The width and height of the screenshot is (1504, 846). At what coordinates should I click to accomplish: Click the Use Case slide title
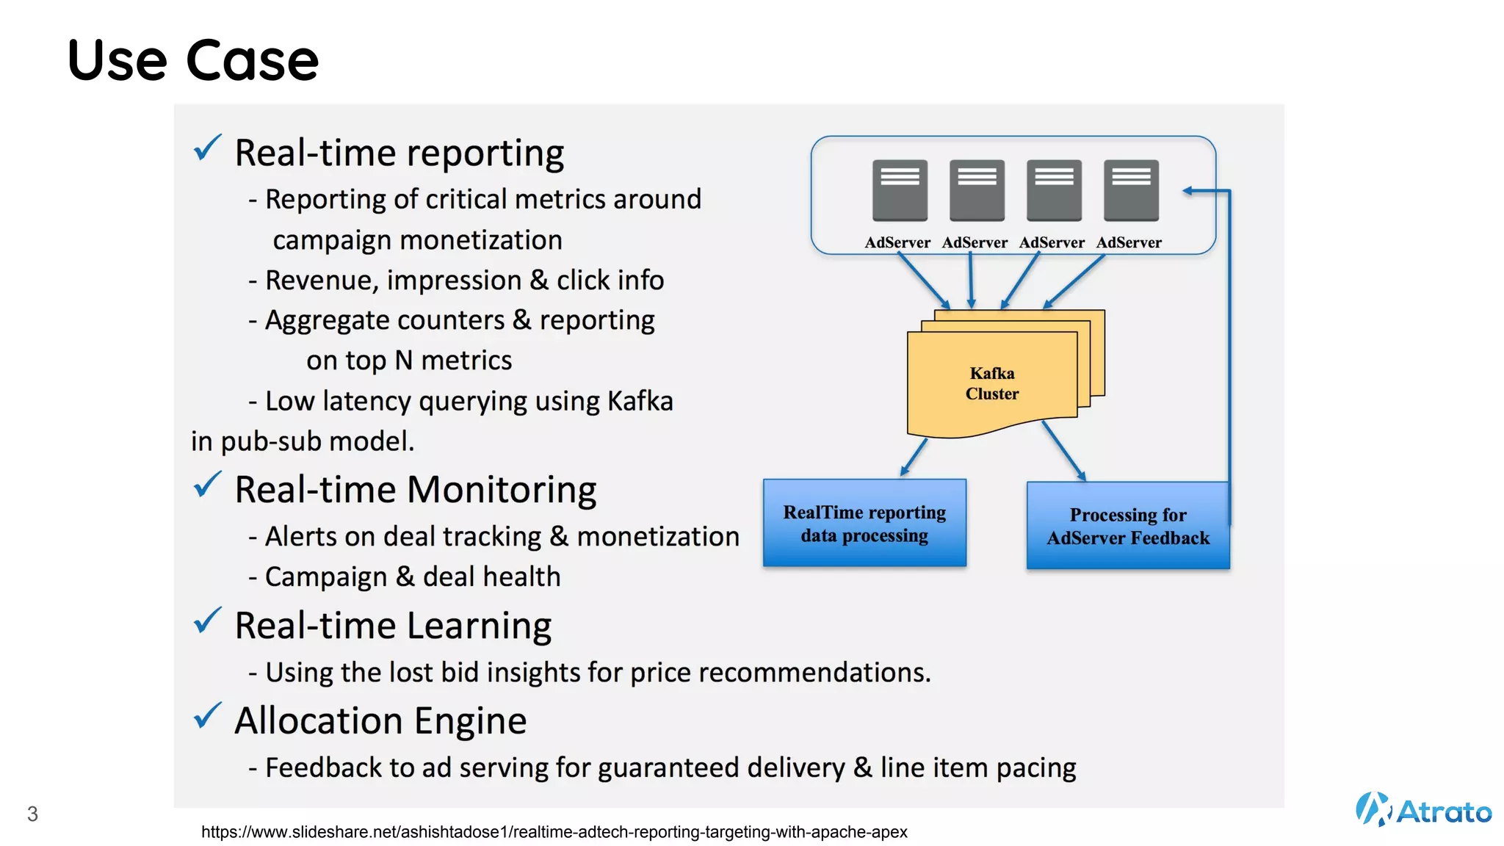(193, 60)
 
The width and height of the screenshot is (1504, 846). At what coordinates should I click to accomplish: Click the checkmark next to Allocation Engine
(207, 716)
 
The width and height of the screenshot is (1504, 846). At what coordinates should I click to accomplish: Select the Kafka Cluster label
(991, 383)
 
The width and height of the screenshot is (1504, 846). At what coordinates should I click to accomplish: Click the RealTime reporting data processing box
(864, 523)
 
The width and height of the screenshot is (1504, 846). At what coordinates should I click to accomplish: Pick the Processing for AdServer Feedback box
(1127, 526)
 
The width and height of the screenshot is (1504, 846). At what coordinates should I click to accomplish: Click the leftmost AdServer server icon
(900, 190)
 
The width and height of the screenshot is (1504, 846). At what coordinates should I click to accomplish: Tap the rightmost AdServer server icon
(1131, 190)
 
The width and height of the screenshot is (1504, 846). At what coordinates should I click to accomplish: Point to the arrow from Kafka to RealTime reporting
(914, 457)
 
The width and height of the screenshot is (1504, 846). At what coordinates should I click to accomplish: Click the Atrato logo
(1422, 810)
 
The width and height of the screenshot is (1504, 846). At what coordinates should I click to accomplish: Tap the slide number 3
(32, 814)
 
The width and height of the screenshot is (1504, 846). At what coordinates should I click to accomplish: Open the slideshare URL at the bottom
(554, 832)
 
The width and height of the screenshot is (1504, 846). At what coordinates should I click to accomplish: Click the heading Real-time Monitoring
(415, 490)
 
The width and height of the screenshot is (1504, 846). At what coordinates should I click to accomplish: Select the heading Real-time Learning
(393, 626)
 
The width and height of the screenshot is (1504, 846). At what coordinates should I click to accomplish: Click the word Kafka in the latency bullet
(640, 401)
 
